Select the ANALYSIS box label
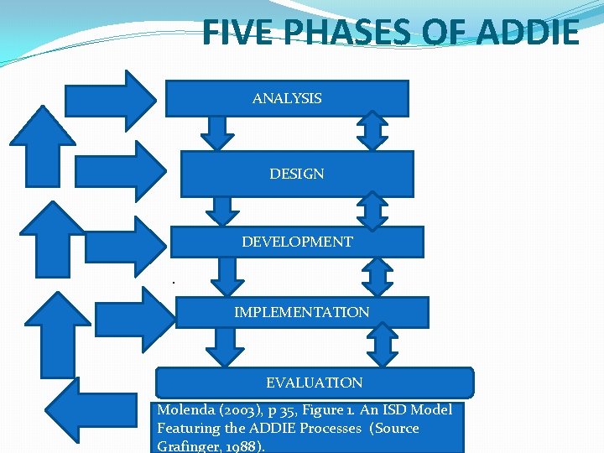[x=287, y=99]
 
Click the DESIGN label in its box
[x=297, y=174]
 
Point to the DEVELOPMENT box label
[x=297, y=242]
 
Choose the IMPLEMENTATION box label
[x=301, y=312]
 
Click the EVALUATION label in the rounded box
[x=315, y=383]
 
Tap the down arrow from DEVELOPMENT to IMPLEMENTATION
[x=225, y=276]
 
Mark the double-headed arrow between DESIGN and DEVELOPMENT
[x=372, y=211]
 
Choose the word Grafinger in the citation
[x=186, y=446]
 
